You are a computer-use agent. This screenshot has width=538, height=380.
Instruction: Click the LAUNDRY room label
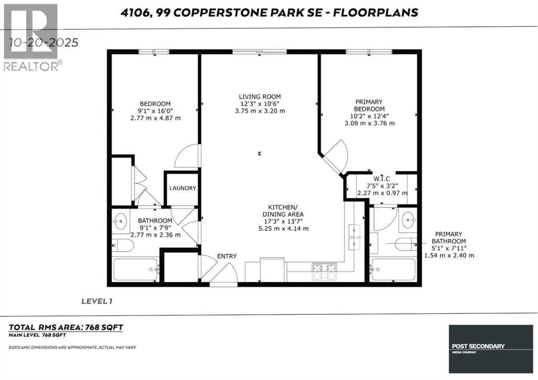click(x=182, y=188)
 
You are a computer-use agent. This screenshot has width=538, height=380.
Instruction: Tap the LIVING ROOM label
click(x=260, y=97)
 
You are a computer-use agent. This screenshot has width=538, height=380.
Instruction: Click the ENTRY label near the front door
click(x=226, y=256)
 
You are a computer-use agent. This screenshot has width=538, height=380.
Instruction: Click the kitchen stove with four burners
click(x=324, y=271)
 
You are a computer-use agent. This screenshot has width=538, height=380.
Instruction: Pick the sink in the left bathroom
click(x=119, y=221)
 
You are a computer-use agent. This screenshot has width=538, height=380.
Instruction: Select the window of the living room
click(x=260, y=52)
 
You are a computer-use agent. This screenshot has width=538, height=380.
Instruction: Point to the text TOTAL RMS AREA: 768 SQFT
click(x=66, y=327)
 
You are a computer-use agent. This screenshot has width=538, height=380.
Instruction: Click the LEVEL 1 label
click(x=97, y=301)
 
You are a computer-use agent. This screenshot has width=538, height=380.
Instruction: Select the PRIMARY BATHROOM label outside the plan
click(x=449, y=238)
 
